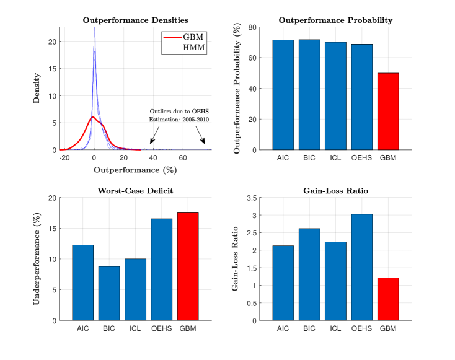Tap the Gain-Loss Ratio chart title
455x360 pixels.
[x=335, y=191]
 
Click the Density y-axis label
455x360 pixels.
[x=37, y=89]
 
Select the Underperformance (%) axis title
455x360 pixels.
[x=37, y=259]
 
